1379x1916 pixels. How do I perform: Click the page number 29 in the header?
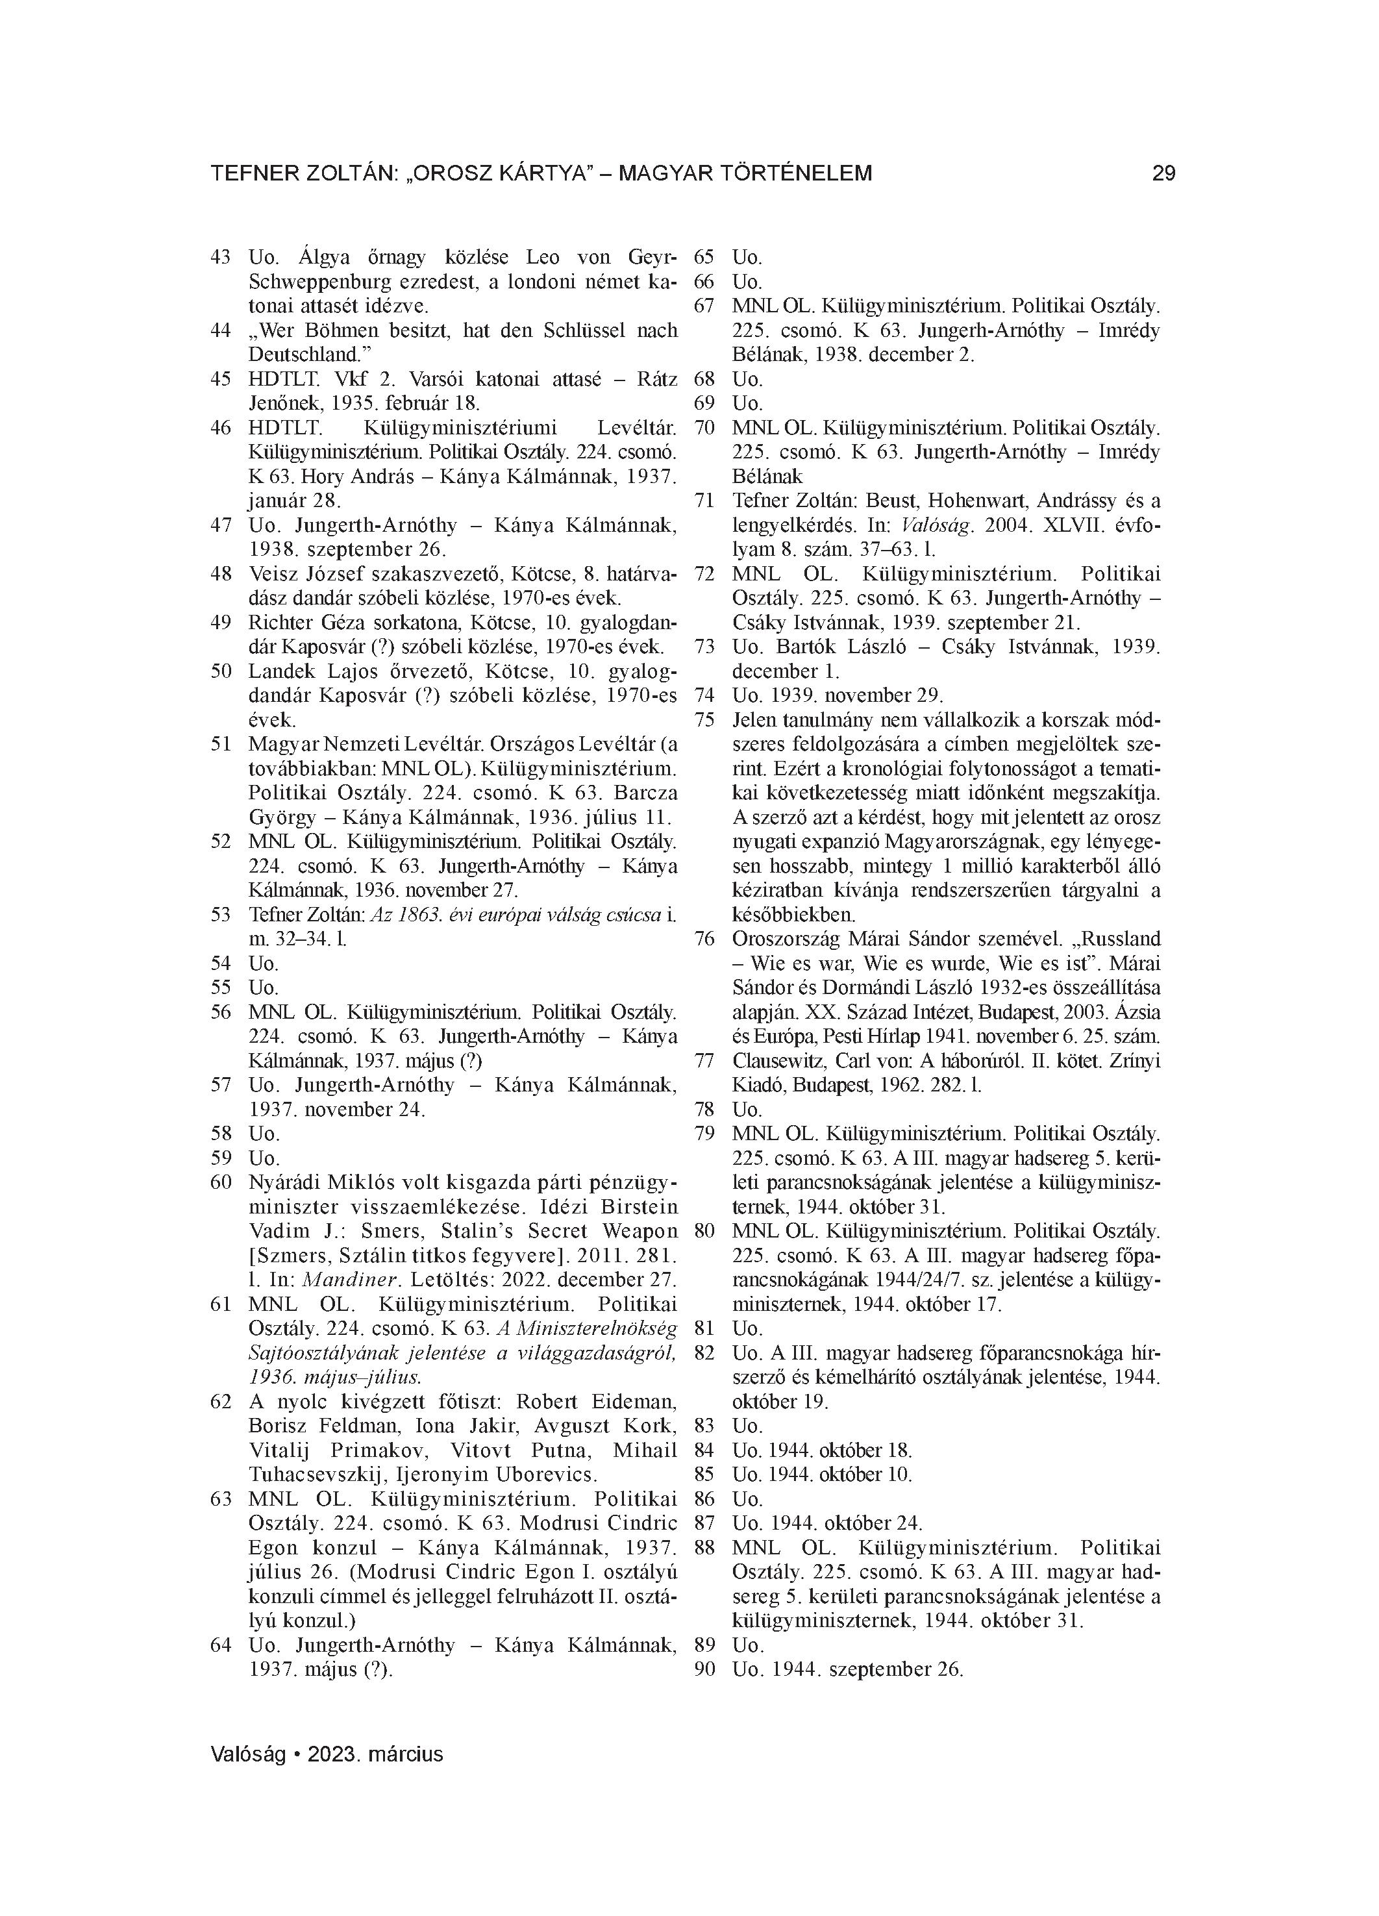click(1163, 174)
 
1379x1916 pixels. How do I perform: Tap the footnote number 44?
click(221, 330)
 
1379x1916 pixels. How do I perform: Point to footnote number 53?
click(221, 915)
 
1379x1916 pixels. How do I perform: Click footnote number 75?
click(704, 720)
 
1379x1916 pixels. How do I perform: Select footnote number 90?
click(704, 1670)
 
